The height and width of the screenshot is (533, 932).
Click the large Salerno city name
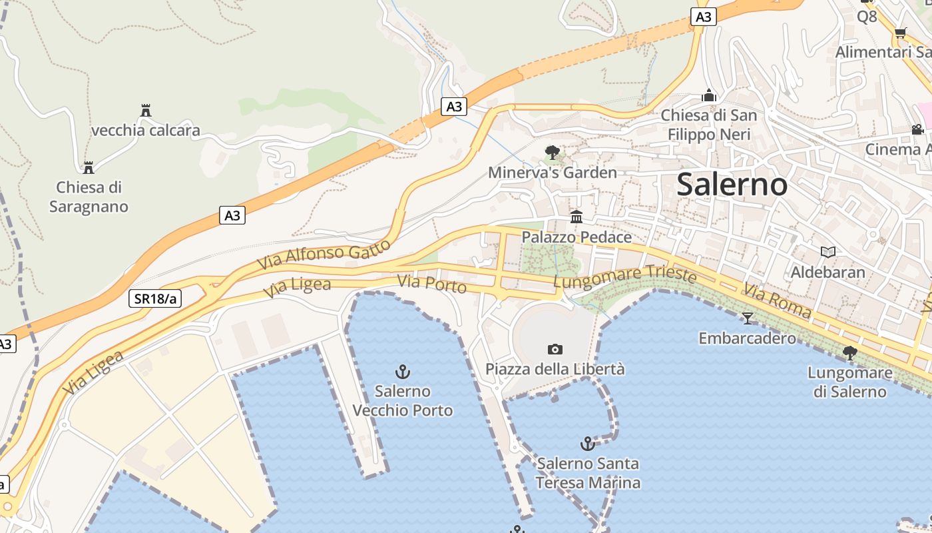[x=732, y=185]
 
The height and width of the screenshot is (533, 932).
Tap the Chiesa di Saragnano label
[x=89, y=197]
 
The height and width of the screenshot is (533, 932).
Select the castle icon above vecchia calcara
[x=146, y=110]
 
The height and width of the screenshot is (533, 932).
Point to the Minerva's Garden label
[x=553, y=173]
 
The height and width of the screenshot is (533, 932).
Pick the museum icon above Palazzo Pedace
[x=577, y=217]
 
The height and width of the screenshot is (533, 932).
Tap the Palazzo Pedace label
[x=577, y=237]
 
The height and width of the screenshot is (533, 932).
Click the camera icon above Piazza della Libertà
[x=555, y=349]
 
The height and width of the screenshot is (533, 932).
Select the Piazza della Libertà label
[x=555, y=369]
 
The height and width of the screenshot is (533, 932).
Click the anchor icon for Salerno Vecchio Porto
[x=402, y=372]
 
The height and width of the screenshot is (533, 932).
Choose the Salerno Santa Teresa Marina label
[x=588, y=473]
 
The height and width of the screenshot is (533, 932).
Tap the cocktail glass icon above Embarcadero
[x=747, y=318]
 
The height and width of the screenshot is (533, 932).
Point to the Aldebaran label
[x=827, y=272]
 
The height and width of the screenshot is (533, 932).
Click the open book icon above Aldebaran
[x=827, y=252]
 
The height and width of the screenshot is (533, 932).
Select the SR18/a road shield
[x=155, y=298]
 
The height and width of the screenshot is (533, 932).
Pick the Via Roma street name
[x=778, y=300]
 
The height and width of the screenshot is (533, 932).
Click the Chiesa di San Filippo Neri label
[x=709, y=125]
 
